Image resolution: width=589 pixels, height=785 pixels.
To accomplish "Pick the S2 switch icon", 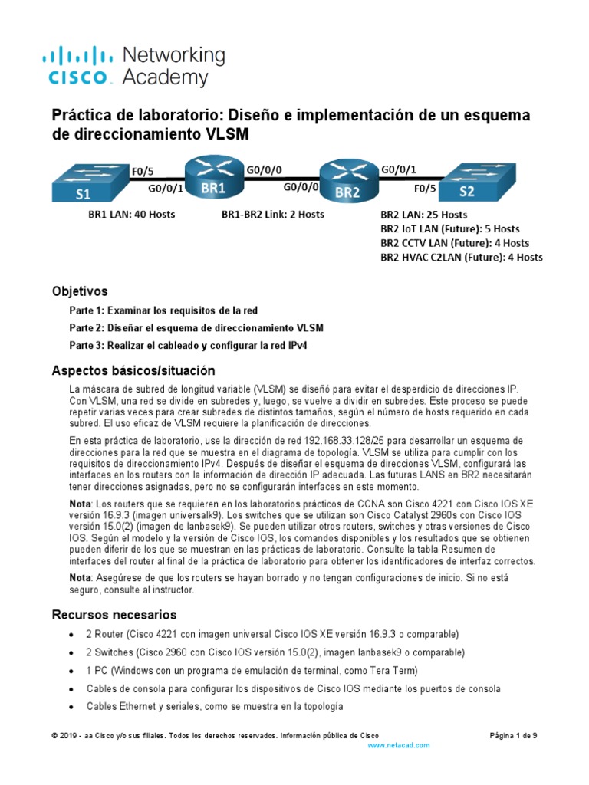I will coord(476,184).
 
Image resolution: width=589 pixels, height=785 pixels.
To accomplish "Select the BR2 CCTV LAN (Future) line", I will coord(449,243).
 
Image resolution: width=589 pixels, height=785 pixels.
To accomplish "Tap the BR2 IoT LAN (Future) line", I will coord(449,228).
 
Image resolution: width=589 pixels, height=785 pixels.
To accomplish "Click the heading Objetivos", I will coord(80,291).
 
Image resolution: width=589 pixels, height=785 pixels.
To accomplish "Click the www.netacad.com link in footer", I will coord(399,745).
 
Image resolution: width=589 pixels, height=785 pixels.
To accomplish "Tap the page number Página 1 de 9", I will coord(513,735).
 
